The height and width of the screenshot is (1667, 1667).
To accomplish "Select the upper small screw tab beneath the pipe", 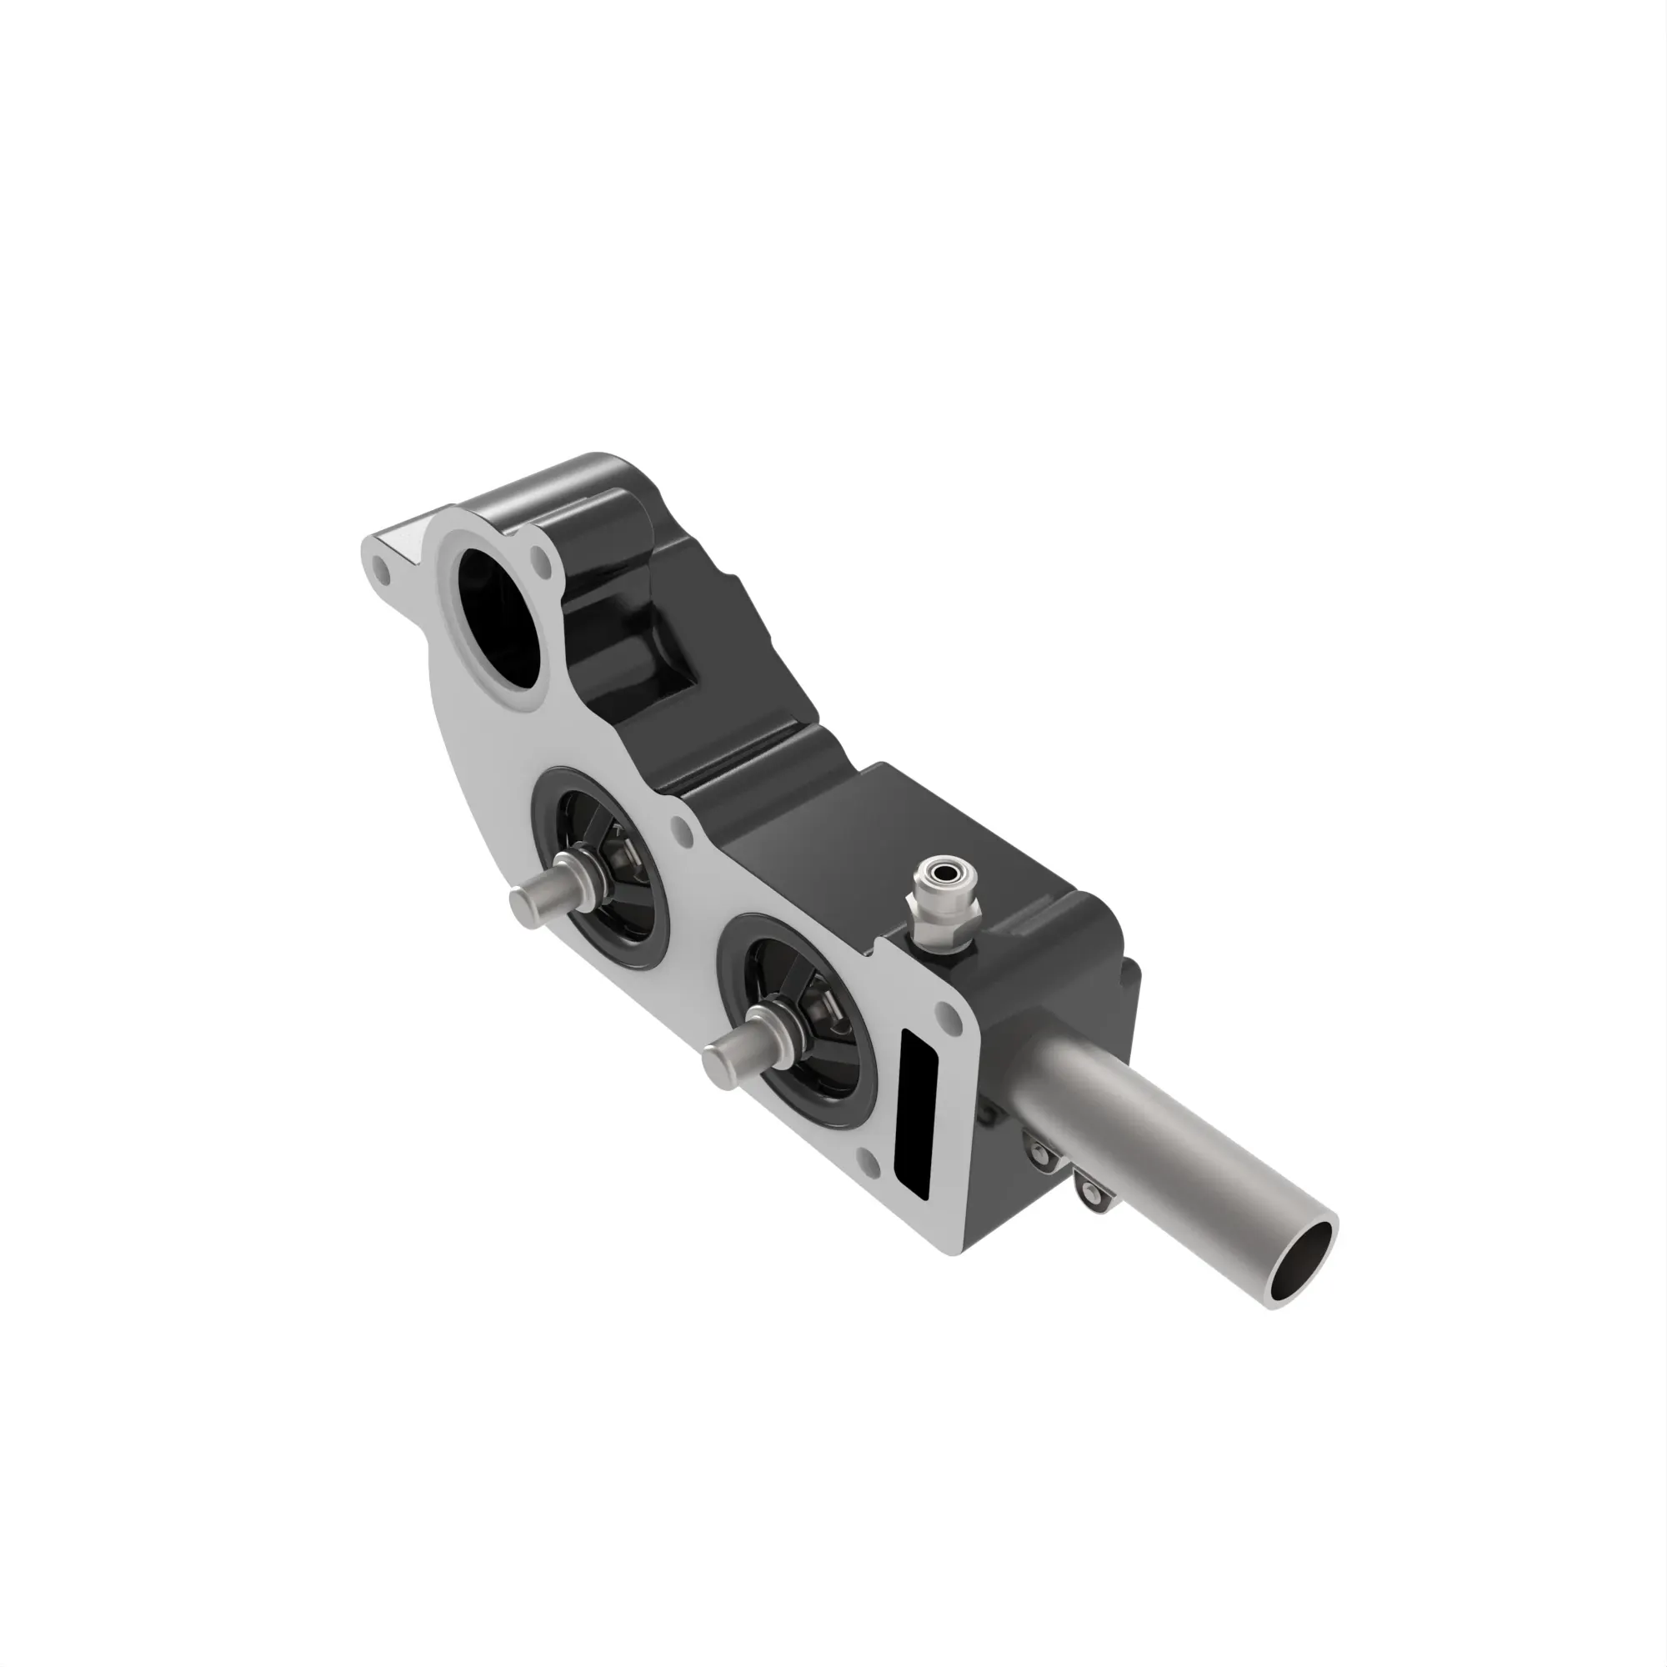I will pyautogui.click(x=1040, y=1148).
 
